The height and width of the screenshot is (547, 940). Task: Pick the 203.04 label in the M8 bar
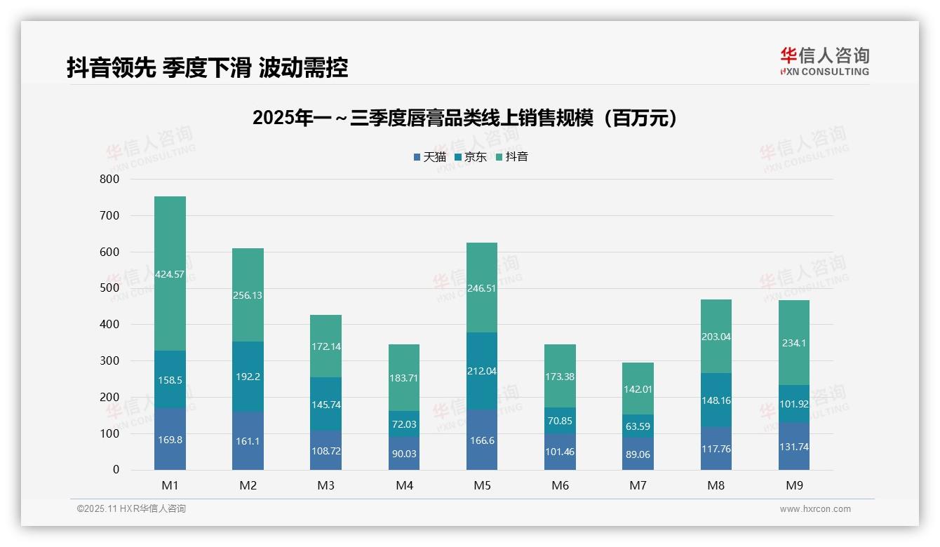coord(716,337)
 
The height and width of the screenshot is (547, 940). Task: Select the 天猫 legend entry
coord(429,157)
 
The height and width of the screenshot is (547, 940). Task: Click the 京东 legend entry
coord(471,157)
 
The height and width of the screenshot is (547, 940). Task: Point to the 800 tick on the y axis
coord(110,180)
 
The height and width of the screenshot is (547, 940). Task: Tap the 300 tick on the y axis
coord(110,361)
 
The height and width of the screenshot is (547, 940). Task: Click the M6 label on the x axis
coord(560,485)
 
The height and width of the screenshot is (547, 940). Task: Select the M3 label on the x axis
coord(326,485)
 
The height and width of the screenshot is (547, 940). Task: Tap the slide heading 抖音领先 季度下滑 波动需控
coord(207,68)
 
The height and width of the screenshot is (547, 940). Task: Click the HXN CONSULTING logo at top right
coord(824,62)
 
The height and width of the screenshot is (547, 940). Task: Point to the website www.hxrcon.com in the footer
coord(815,509)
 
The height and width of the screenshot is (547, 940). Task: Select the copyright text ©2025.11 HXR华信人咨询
coord(131,509)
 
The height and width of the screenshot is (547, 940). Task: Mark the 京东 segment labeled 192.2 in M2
coord(248,376)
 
